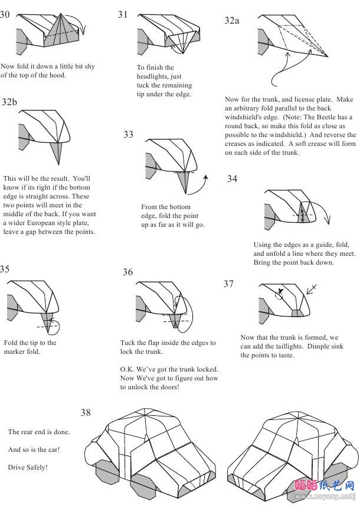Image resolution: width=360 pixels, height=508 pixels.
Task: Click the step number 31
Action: (x=123, y=15)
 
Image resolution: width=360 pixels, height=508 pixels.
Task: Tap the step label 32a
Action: (x=232, y=20)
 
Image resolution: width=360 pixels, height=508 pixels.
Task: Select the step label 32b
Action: (x=9, y=102)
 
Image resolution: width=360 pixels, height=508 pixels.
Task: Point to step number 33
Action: (x=128, y=135)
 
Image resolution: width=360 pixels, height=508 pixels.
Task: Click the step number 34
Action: (x=232, y=179)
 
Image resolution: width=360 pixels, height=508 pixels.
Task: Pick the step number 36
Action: (x=127, y=272)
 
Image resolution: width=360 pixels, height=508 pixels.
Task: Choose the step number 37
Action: (x=228, y=284)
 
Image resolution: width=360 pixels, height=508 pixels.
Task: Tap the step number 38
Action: (x=86, y=413)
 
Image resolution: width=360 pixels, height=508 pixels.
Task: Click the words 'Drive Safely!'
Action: (x=28, y=467)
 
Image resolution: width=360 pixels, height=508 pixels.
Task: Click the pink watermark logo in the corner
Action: (x=324, y=486)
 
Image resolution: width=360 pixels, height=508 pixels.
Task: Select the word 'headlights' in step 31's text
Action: (x=153, y=76)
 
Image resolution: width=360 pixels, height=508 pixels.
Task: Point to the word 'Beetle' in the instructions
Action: (x=318, y=118)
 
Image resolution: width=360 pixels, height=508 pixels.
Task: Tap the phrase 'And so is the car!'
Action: (x=34, y=450)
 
